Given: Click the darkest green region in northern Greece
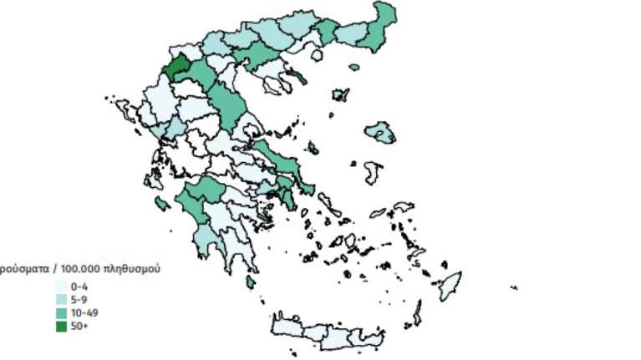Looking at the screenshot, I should [x=179, y=68].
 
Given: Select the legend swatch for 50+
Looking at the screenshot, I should [x=61, y=326].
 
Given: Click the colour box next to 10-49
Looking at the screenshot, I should [x=61, y=312].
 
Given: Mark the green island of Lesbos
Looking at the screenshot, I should [x=380, y=132].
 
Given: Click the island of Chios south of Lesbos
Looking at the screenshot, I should [x=373, y=172].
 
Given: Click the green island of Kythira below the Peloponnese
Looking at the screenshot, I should [x=250, y=284].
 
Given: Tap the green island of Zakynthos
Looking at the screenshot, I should [x=162, y=203].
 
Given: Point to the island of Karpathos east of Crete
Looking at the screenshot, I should [x=415, y=312].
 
